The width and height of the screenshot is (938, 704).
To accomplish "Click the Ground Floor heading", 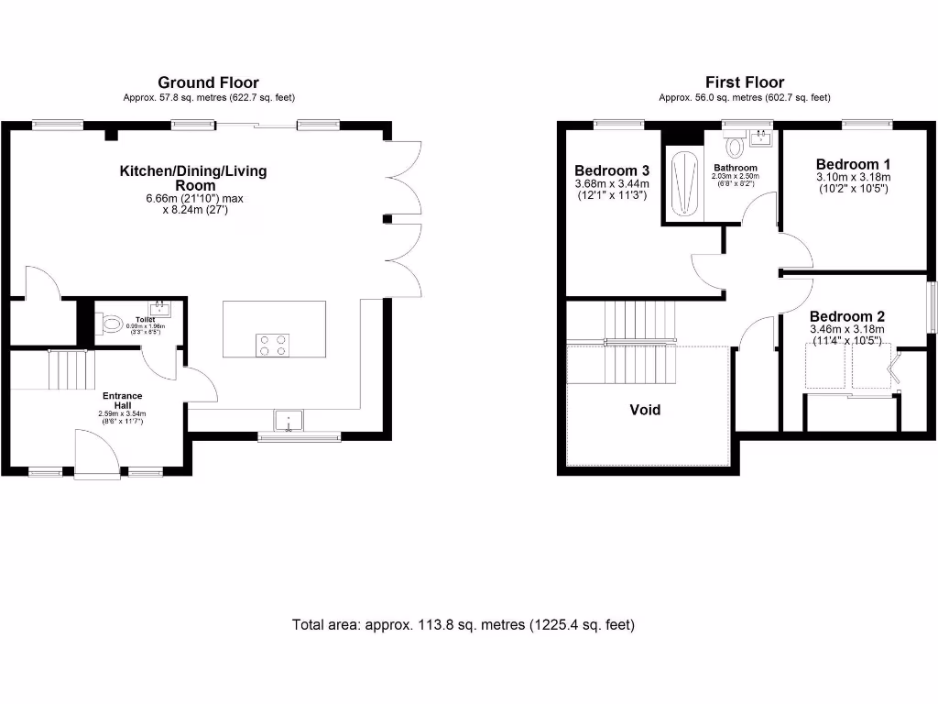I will tap(208, 82).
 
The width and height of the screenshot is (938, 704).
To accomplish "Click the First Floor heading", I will tap(744, 82).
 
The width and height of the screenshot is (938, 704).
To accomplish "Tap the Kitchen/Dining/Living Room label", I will tap(193, 178).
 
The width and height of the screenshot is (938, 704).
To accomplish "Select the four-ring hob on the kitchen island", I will tap(271, 345).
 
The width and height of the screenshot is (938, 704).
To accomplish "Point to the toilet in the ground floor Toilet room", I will tap(111, 323).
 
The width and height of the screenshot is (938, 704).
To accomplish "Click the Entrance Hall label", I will tap(122, 401).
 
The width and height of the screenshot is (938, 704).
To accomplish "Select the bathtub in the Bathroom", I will tap(682, 184).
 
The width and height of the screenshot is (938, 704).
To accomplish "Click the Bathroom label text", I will tap(736, 168).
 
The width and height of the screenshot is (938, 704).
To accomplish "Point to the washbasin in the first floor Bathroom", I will tap(760, 138).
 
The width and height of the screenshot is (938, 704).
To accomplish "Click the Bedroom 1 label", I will tap(852, 164).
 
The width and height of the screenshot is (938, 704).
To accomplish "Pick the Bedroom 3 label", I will tap(612, 170).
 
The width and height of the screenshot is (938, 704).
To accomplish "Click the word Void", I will tap(644, 410).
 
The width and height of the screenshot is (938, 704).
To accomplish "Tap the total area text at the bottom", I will tap(463, 625).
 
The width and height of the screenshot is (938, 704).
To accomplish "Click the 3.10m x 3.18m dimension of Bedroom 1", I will tap(852, 177).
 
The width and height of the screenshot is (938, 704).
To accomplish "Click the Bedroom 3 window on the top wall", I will tap(609, 123).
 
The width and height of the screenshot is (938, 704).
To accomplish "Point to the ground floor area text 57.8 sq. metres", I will tap(208, 97).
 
